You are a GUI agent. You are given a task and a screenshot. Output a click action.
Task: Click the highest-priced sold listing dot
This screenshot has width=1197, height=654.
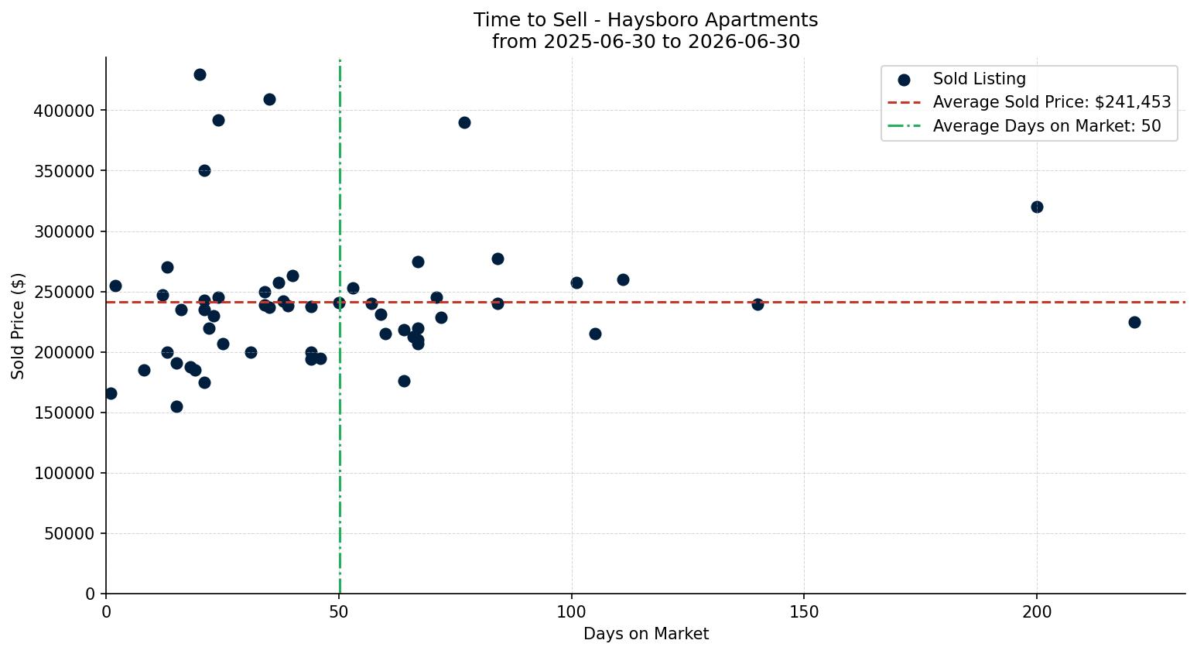200,75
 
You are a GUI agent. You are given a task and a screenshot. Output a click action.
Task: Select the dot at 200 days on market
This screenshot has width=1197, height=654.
1037,207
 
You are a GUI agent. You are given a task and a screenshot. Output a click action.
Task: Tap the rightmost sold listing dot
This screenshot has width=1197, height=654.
1134,322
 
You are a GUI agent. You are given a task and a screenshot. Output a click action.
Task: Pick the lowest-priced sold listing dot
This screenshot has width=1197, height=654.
176,406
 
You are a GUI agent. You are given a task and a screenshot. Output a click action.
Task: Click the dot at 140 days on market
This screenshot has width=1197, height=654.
758,305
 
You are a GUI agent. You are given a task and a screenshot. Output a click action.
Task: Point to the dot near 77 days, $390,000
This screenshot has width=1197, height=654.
464,123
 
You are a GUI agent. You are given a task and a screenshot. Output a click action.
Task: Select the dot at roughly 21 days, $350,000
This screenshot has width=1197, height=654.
204,171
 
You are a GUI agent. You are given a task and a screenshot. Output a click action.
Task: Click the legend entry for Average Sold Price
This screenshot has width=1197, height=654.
1029,102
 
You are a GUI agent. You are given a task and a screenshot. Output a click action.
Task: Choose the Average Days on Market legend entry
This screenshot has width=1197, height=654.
1024,126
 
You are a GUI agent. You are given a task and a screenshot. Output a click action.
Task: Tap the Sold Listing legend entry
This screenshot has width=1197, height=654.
962,79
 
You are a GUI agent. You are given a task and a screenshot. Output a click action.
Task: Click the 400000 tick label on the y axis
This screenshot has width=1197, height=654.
64,111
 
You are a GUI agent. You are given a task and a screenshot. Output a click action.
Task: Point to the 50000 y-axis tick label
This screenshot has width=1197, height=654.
70,534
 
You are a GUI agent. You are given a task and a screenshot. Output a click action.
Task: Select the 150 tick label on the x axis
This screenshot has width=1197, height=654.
804,612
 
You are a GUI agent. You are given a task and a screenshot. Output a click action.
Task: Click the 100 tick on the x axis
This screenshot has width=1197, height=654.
571,612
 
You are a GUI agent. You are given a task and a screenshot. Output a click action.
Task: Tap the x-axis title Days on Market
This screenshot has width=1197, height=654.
645,634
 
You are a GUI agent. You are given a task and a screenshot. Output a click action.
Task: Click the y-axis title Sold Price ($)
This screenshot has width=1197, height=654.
18,326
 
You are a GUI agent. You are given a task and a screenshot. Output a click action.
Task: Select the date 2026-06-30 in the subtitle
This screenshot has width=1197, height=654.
744,42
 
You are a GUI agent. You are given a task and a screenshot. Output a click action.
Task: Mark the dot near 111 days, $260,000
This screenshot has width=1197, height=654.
623,280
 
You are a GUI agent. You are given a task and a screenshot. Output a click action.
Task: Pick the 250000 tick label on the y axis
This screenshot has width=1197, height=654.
64,293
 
